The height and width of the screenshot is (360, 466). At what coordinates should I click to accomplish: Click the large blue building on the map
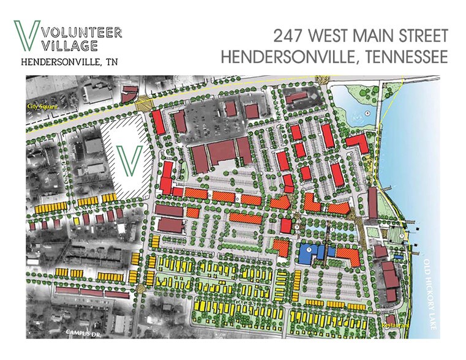311,253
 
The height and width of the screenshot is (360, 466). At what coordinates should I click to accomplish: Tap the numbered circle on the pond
367,113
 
